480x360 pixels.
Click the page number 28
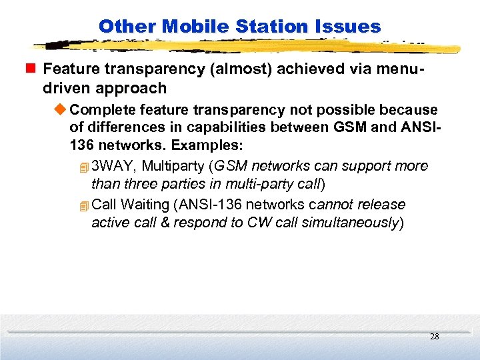point(434,337)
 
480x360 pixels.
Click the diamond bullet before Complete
point(62,109)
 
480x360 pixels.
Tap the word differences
point(118,127)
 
